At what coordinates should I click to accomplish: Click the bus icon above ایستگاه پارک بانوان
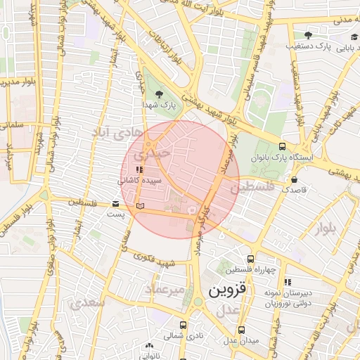(x=282, y=146)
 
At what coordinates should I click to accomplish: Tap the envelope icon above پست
(x=115, y=204)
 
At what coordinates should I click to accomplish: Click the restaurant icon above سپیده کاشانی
(x=140, y=169)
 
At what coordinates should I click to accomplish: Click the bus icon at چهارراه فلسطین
(x=252, y=259)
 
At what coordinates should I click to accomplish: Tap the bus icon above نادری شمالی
(x=183, y=325)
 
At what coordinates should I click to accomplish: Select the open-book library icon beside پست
(x=141, y=206)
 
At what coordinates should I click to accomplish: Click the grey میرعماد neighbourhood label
(x=165, y=289)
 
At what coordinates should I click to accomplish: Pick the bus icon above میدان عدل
(x=241, y=329)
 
